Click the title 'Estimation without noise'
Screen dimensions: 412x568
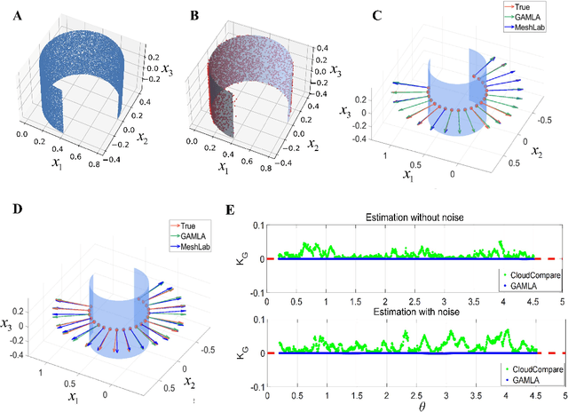point(414,218)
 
